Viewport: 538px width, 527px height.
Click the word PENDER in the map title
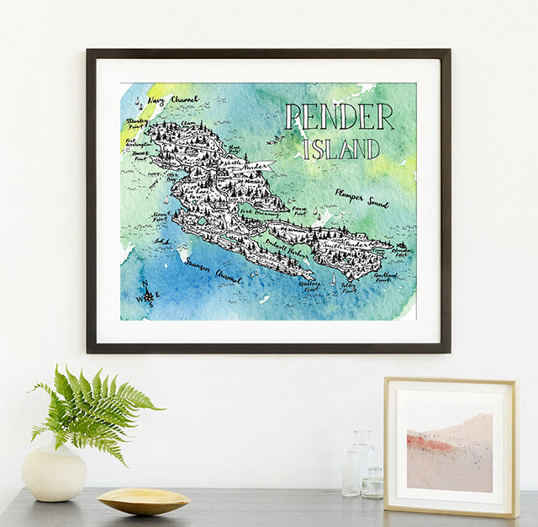click(x=339, y=117)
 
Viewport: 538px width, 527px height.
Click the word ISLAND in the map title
click(x=341, y=149)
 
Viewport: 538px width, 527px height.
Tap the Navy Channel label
click(x=173, y=100)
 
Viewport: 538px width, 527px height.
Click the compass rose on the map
click(x=148, y=295)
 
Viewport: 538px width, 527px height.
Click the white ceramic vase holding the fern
click(x=54, y=472)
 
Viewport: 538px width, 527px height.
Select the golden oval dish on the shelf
click(x=143, y=500)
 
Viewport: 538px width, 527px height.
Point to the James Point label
click(x=139, y=156)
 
